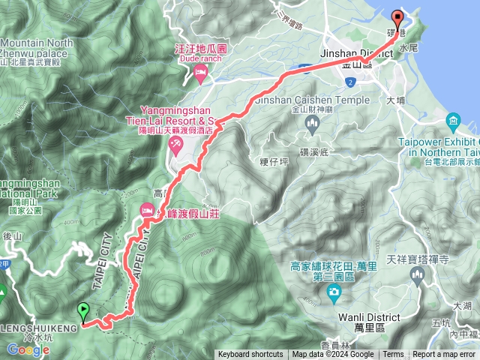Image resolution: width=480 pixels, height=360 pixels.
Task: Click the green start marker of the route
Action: (82, 309)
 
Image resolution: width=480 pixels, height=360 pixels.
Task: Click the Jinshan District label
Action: (355, 55)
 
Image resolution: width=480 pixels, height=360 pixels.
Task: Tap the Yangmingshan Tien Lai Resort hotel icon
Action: (175, 144)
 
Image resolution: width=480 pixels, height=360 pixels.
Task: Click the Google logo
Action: (28, 349)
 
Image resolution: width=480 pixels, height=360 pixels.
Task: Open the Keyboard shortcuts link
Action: (250, 355)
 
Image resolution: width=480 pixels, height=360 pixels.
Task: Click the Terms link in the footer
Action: (393, 355)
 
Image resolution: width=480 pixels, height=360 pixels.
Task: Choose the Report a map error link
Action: (443, 355)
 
